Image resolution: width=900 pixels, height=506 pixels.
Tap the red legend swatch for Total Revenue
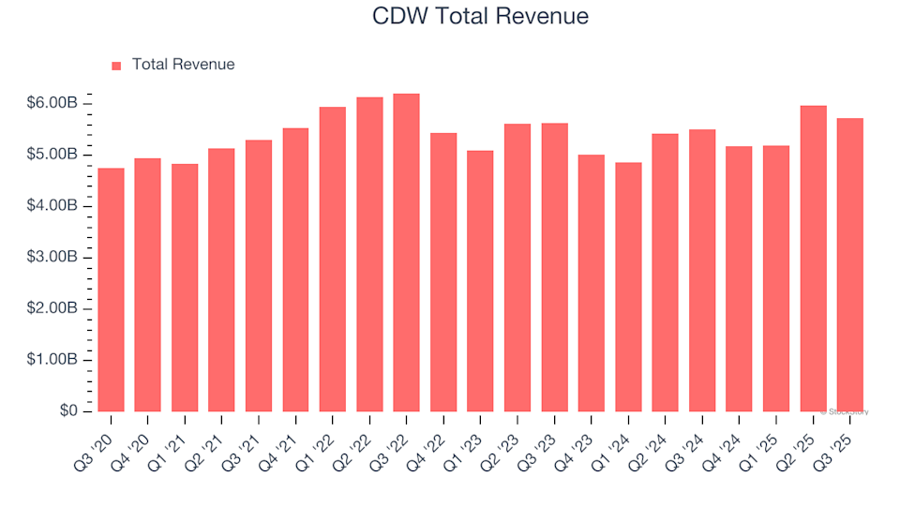pos(116,66)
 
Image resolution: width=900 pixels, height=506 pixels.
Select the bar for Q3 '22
pos(406,253)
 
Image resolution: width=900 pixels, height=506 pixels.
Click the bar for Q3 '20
pos(110,290)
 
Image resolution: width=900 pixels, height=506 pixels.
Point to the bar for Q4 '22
pos(443,272)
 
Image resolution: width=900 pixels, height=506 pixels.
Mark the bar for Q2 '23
pos(517,268)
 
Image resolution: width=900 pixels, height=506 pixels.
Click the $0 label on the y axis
pos(70,411)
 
